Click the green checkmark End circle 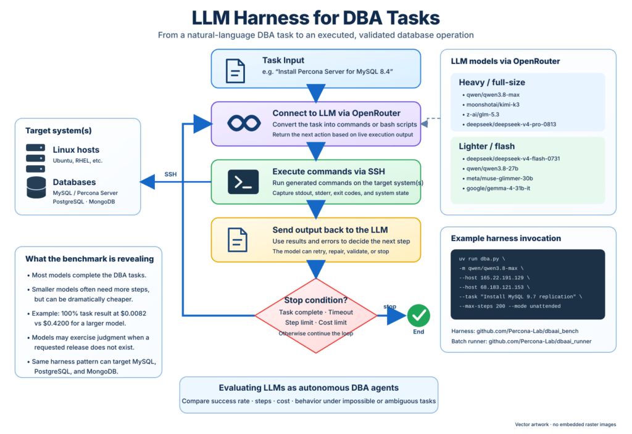pos(418,316)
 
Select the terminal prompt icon pos(243,182)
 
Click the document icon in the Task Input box pos(235,71)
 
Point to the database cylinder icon pos(36,187)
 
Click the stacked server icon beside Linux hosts pos(35,158)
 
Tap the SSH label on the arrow pos(170,174)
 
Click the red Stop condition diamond pos(316,316)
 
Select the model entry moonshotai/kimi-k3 pos(493,105)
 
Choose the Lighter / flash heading pos(486,147)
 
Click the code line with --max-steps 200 pos(509,306)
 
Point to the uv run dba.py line pos(481,259)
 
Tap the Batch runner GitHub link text pos(522,342)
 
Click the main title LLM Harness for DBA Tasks pos(315,18)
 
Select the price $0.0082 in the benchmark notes pos(133,314)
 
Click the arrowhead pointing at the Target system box pos(148,182)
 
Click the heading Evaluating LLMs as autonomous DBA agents pos(309,388)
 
